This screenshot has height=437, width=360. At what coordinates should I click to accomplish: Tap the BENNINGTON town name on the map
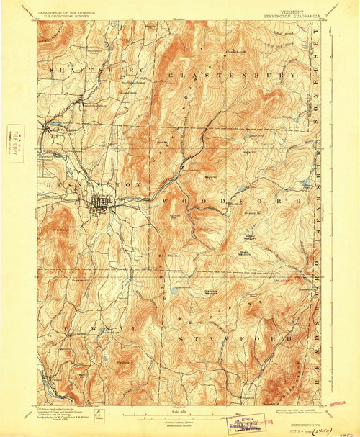click(91, 185)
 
